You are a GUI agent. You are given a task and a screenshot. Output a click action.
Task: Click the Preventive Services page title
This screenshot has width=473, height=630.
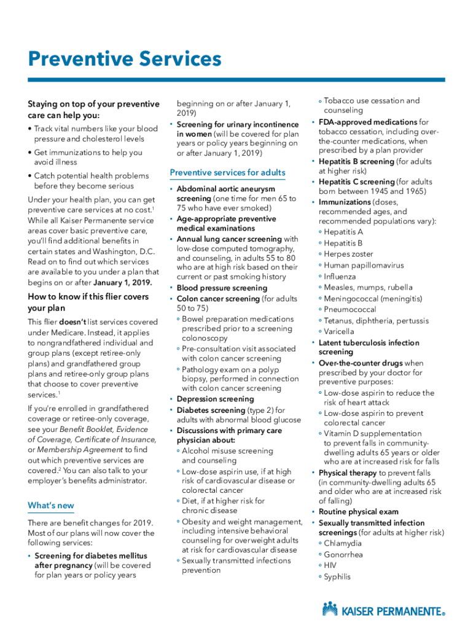(x=125, y=60)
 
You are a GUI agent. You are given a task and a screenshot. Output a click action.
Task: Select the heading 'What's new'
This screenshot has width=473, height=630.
(x=51, y=506)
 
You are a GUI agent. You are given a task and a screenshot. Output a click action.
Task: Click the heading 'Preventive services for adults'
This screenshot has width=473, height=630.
(x=227, y=172)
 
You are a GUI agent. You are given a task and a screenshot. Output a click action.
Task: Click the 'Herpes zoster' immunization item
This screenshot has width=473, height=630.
(x=348, y=254)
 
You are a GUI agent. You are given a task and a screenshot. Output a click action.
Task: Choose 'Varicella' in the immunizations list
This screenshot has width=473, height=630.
(x=339, y=332)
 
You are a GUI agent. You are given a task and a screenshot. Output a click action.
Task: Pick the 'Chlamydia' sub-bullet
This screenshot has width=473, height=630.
(x=343, y=544)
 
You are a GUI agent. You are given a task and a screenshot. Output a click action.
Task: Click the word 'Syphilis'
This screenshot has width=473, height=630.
(x=337, y=577)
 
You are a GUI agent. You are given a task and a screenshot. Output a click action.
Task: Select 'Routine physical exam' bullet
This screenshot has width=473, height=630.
(x=358, y=512)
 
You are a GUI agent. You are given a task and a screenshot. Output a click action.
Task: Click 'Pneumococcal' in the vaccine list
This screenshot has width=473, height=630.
(x=350, y=309)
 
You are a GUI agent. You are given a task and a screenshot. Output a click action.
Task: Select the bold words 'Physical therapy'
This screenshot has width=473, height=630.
(x=348, y=473)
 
